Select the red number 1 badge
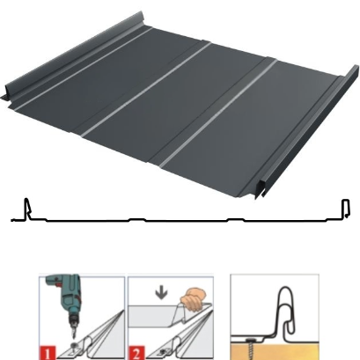[47, 353]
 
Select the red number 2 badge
[136, 353]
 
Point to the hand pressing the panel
[193, 298]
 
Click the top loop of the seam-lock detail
[285, 297]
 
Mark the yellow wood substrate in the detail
[275, 351]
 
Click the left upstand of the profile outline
[27, 209]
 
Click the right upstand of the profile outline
[346, 209]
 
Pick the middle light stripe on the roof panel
[146, 90]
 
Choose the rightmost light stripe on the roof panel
[218, 114]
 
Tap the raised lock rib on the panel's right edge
[307, 132]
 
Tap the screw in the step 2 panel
[164, 351]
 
